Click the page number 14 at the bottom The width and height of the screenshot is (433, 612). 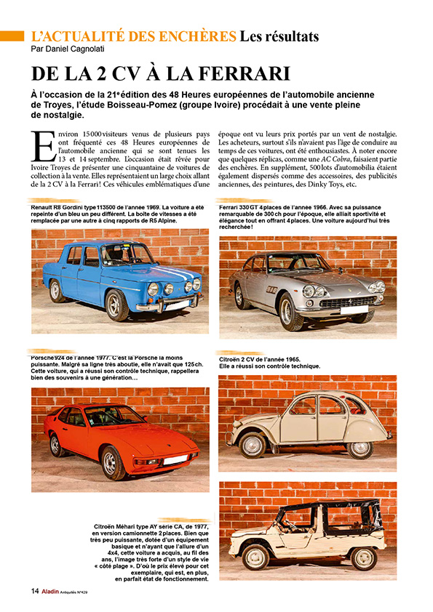(x=34, y=590)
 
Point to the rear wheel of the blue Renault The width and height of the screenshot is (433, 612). (x=56, y=290)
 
